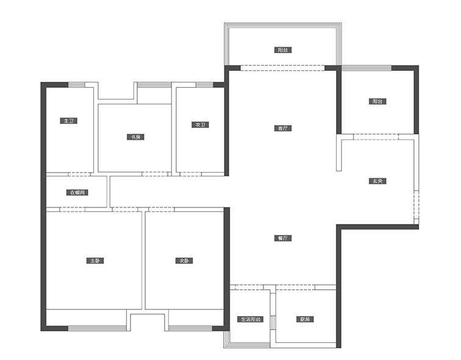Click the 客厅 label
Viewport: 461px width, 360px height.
(283, 128)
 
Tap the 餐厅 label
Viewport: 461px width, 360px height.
(283, 238)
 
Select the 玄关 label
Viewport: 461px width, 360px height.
(377, 181)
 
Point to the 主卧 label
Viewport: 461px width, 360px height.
(95, 261)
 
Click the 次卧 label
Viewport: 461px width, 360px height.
(184, 261)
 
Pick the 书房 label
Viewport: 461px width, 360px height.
(135, 137)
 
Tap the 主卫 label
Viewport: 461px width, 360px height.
(68, 121)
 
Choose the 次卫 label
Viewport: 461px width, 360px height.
(200, 124)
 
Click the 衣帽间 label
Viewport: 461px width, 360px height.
(77, 193)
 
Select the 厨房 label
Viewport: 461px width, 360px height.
(305, 319)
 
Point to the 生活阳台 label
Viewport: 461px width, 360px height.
(251, 319)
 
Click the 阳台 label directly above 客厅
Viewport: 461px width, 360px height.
(283, 49)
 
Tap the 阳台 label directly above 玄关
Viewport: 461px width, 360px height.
(377, 101)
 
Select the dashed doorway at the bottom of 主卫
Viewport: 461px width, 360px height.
(79, 174)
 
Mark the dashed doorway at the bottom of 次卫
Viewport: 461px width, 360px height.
(190, 174)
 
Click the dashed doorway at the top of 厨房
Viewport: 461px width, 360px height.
(296, 287)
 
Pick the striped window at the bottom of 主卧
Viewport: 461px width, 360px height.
(98, 328)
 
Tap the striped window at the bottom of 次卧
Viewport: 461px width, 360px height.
(190, 328)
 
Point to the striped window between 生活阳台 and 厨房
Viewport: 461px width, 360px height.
(273, 323)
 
